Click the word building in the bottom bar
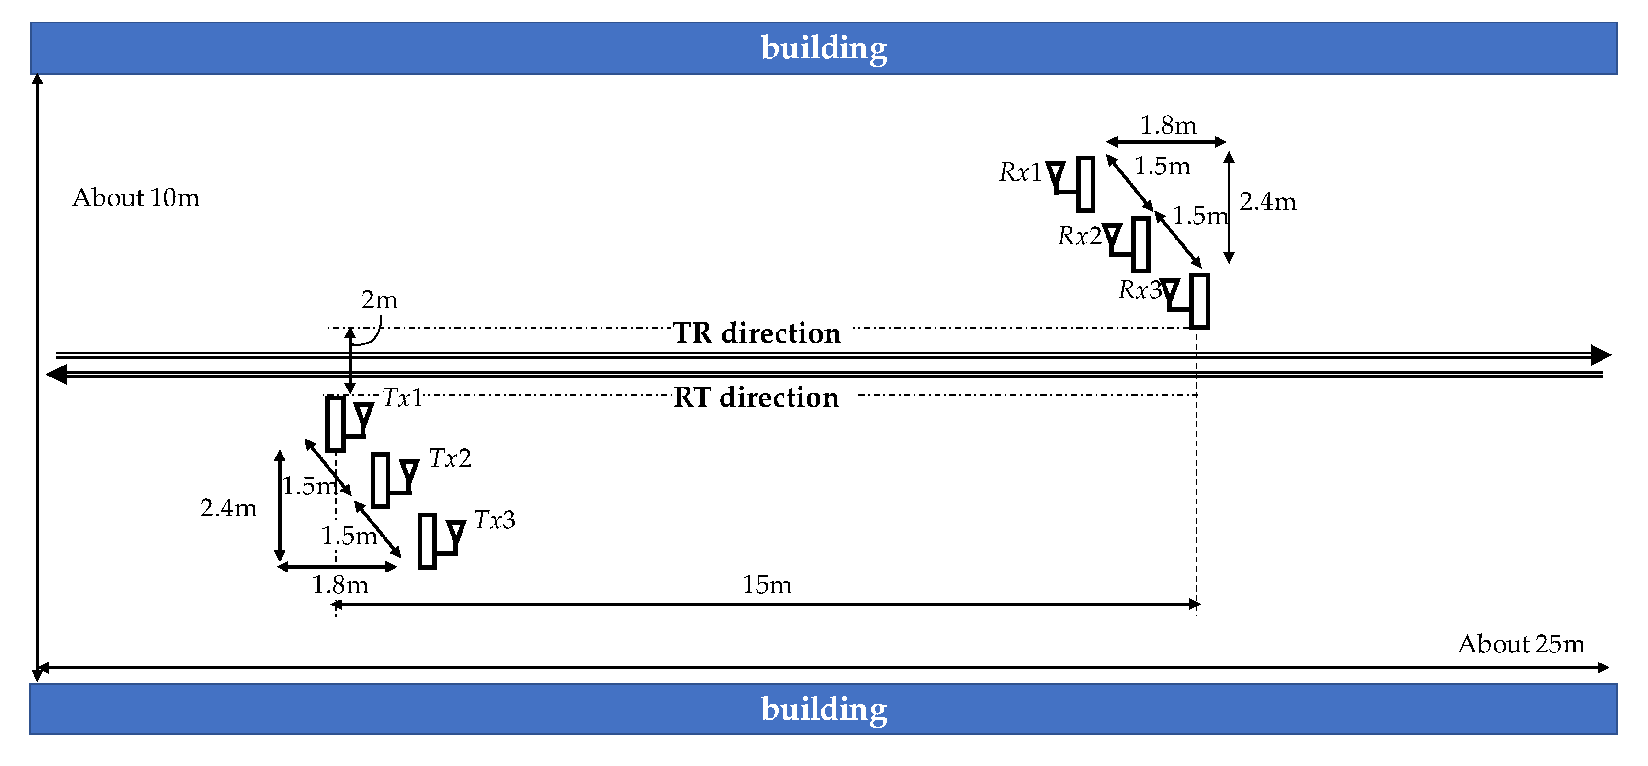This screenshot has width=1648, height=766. (x=824, y=709)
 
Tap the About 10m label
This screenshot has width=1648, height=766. (x=135, y=198)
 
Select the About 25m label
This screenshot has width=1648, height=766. (x=1521, y=644)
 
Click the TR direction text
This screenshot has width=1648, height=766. (x=757, y=333)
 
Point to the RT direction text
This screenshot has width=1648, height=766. (x=756, y=398)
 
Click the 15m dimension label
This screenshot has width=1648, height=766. (x=767, y=585)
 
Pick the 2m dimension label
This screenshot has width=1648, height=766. (x=379, y=299)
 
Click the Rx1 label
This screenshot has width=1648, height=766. (x=1020, y=172)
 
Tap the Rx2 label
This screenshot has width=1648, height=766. (x=1079, y=236)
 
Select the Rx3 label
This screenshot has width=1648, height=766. (x=1140, y=290)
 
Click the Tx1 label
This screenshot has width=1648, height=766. (x=402, y=399)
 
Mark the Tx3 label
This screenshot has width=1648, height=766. (x=494, y=520)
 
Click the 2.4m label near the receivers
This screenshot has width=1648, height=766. (x=1267, y=202)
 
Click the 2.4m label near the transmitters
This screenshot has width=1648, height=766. (x=228, y=508)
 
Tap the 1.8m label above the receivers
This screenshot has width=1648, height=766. (x=1168, y=126)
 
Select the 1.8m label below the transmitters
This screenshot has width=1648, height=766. (x=340, y=585)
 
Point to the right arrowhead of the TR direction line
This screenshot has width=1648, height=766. (x=1601, y=355)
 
